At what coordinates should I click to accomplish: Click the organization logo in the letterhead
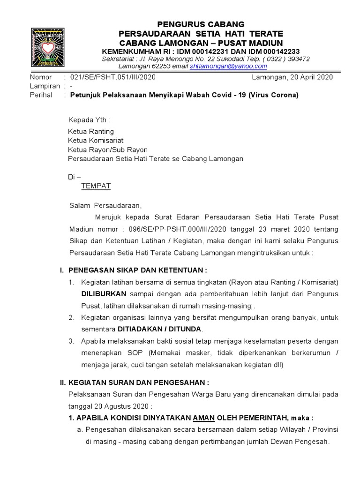(47, 48)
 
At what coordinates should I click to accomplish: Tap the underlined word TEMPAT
(96, 186)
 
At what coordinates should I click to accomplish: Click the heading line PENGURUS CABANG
(201, 24)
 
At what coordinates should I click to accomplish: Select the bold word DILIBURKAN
(104, 294)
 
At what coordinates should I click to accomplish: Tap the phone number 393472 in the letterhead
(294, 59)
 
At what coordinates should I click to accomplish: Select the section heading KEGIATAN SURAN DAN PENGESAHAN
(137, 382)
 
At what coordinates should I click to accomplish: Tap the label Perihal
(41, 95)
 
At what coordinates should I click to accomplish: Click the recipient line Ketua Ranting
(91, 131)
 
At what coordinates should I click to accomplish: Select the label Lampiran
(45, 86)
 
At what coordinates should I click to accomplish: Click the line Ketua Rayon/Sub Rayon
(108, 150)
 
